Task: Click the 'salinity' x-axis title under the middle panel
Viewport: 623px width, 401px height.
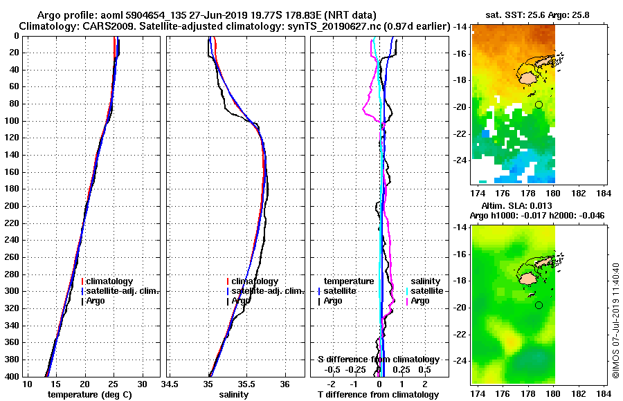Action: [233, 395]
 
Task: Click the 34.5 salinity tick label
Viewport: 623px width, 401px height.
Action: [170, 384]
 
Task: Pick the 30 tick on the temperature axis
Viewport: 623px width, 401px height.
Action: [143, 384]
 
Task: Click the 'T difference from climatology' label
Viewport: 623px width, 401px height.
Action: [378, 395]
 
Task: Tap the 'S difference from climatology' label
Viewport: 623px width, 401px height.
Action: [378, 360]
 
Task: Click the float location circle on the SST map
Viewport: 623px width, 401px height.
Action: [539, 104]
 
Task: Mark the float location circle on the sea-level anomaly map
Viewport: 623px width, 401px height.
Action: [539, 305]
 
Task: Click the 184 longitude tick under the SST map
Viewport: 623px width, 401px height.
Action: [603, 192]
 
